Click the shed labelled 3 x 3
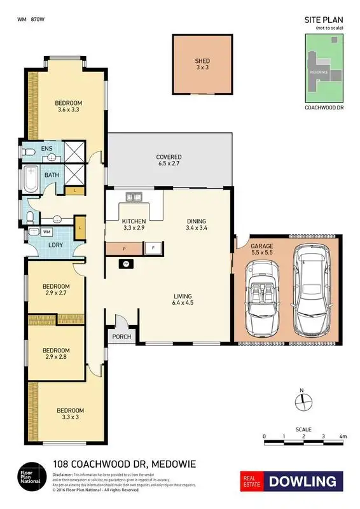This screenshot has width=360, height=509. (202, 65)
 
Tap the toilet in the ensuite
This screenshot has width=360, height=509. (26, 153)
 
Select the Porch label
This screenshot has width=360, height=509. (121, 337)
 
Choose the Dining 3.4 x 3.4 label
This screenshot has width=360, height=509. (196, 224)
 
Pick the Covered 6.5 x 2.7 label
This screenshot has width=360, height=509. (169, 160)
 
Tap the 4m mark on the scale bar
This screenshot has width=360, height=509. (343, 436)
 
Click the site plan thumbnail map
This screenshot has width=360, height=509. (325, 68)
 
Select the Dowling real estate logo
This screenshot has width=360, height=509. (291, 482)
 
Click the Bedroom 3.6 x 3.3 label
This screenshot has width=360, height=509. (67, 106)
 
